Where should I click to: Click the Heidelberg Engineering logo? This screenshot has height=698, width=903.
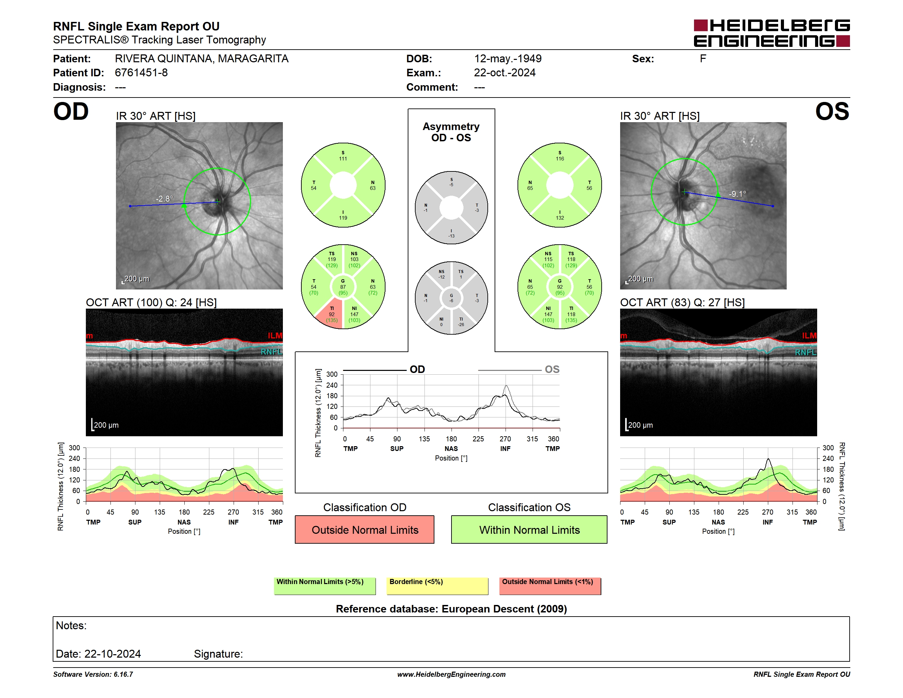tap(772, 33)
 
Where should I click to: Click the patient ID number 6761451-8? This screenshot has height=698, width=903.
tap(141, 73)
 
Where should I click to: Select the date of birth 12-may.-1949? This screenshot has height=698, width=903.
tap(508, 59)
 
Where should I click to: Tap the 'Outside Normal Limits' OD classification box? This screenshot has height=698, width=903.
tap(365, 530)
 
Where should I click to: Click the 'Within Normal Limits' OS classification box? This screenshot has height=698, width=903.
tap(529, 530)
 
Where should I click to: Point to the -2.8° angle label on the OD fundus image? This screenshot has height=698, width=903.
tap(165, 199)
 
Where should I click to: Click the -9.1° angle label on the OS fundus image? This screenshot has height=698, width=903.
tap(737, 194)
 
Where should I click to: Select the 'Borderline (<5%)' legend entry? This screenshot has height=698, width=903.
tap(437, 586)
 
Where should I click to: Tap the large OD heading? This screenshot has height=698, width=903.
tap(71, 112)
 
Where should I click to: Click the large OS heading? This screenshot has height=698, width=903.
tap(832, 112)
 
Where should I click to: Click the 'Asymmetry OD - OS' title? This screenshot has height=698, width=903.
tap(451, 132)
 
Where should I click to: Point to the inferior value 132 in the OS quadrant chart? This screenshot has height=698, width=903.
tap(560, 218)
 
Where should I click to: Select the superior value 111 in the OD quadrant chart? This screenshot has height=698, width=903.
tap(343, 159)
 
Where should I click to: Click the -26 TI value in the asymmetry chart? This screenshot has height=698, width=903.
tap(461, 325)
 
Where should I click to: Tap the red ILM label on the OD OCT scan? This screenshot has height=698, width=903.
tap(275, 335)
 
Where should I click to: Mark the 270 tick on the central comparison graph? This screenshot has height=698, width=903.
tap(505, 439)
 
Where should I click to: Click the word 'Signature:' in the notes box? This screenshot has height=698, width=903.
tap(218, 654)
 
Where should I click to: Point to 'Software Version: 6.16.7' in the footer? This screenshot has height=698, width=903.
tap(93, 674)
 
